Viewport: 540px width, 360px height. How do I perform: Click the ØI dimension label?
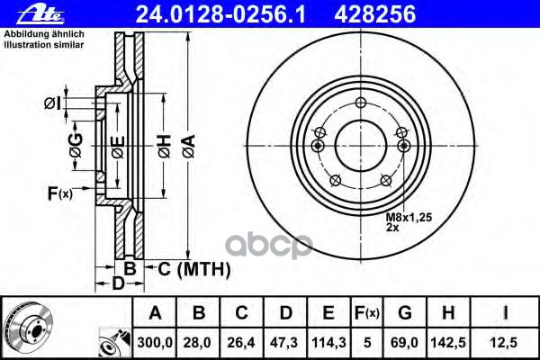(x=52, y=103)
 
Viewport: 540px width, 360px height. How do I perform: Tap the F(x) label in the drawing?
(x=59, y=192)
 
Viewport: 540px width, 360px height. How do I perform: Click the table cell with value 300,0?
(x=155, y=341)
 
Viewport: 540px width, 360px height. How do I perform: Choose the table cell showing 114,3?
(x=329, y=341)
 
